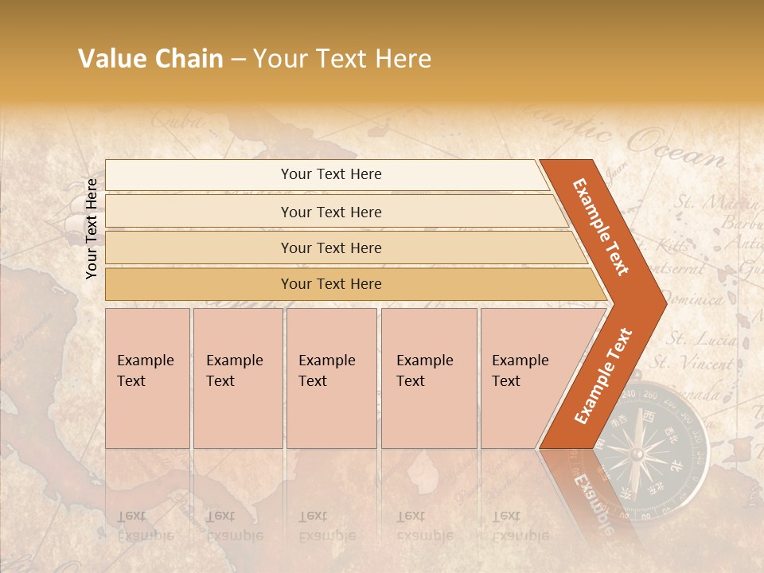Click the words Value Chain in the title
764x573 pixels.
tap(150, 59)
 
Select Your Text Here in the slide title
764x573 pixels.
tap(342, 59)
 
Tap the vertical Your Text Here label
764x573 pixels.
tap(92, 228)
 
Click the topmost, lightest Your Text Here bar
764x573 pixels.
tap(331, 174)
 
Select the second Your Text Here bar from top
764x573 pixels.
tap(331, 212)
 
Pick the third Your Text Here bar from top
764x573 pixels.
tap(331, 248)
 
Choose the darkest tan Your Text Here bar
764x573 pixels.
tap(331, 284)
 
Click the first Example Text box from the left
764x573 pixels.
tap(147, 377)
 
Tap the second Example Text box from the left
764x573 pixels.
tap(237, 377)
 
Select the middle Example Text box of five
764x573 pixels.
tap(331, 377)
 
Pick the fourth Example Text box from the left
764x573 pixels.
tap(428, 377)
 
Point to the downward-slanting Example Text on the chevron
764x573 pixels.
tap(601, 226)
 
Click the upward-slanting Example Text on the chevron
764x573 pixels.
tap(602, 376)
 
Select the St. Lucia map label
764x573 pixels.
tap(700, 340)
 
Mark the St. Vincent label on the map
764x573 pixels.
tap(692, 364)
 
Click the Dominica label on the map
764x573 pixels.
tap(692, 300)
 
